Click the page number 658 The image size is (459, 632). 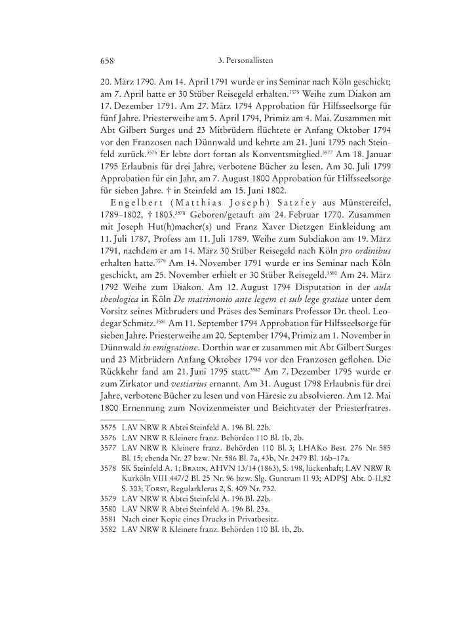(107, 61)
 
